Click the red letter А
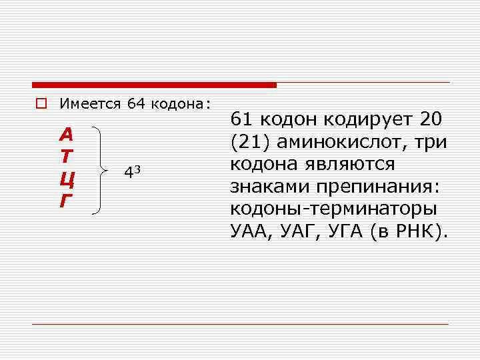(66, 135)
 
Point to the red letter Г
(65, 201)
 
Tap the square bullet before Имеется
(41, 104)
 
